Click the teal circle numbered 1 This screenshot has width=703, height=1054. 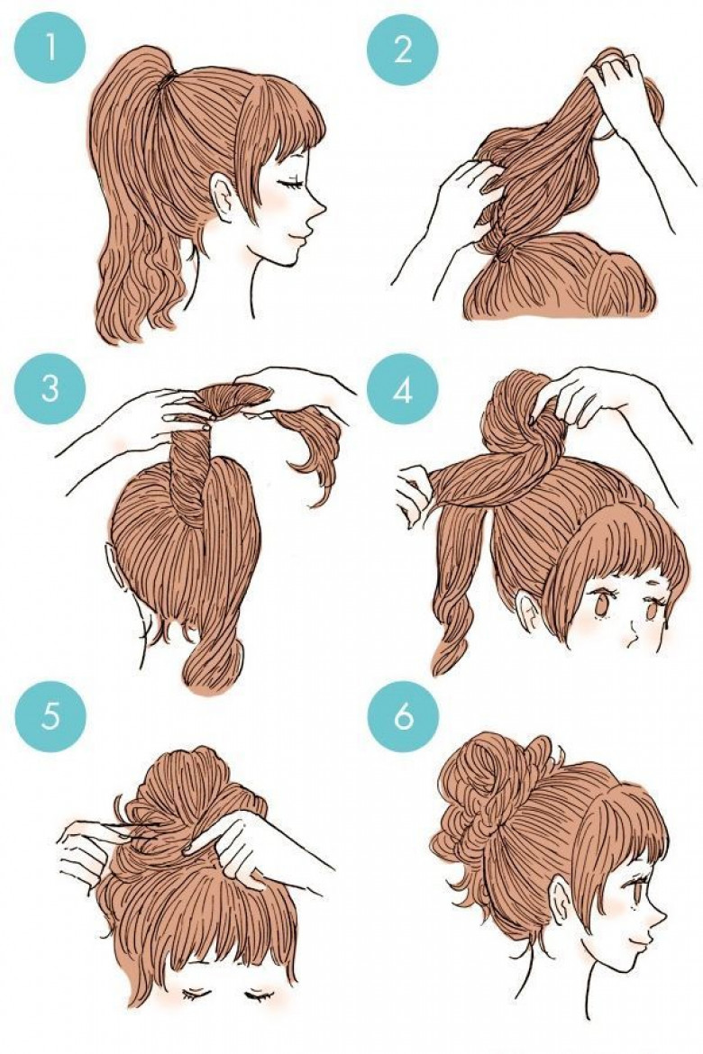[x=50, y=49]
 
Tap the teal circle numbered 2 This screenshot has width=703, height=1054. [x=402, y=49]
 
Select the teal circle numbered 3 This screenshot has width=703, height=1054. [x=50, y=389]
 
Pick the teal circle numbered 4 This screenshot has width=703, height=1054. [x=402, y=389]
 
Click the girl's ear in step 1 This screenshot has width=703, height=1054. [x=222, y=197]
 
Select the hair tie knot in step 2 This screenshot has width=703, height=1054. [x=503, y=253]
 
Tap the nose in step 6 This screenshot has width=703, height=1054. [x=659, y=916]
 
